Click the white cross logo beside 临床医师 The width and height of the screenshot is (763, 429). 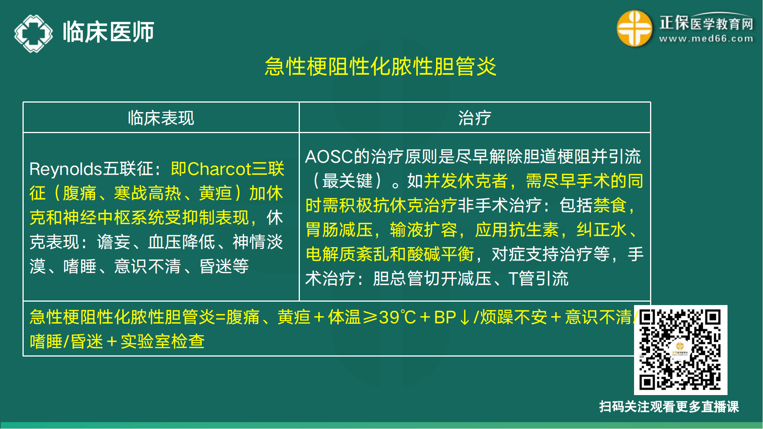(34, 33)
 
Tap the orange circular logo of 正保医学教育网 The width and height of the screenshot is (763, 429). (634, 29)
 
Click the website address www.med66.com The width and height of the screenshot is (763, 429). (706, 39)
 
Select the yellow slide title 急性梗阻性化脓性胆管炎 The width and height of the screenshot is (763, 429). (380, 67)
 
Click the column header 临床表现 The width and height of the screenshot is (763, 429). (161, 118)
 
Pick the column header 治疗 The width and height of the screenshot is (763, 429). (475, 118)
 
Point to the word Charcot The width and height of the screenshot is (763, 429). (219, 169)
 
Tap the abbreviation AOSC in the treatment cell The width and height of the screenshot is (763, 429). (329, 157)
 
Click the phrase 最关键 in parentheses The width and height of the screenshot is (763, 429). (347, 181)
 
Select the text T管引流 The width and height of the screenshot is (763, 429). (538, 278)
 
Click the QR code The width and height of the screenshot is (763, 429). (680, 350)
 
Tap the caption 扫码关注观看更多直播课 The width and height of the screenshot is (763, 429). (669, 407)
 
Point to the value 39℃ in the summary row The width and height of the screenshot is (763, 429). (397, 317)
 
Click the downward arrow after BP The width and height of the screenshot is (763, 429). (464, 317)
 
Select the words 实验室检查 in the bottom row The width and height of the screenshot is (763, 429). (163, 341)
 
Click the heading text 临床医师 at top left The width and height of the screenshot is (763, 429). (108, 32)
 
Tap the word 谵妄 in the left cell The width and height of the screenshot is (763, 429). (114, 242)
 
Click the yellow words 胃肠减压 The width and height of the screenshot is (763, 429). (339, 230)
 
